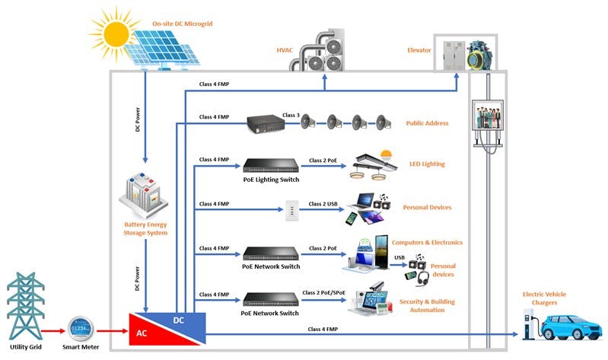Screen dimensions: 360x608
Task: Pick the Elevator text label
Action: (419, 50)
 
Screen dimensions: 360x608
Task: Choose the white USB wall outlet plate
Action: (290, 208)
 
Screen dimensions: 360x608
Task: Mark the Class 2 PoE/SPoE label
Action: (330, 292)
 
